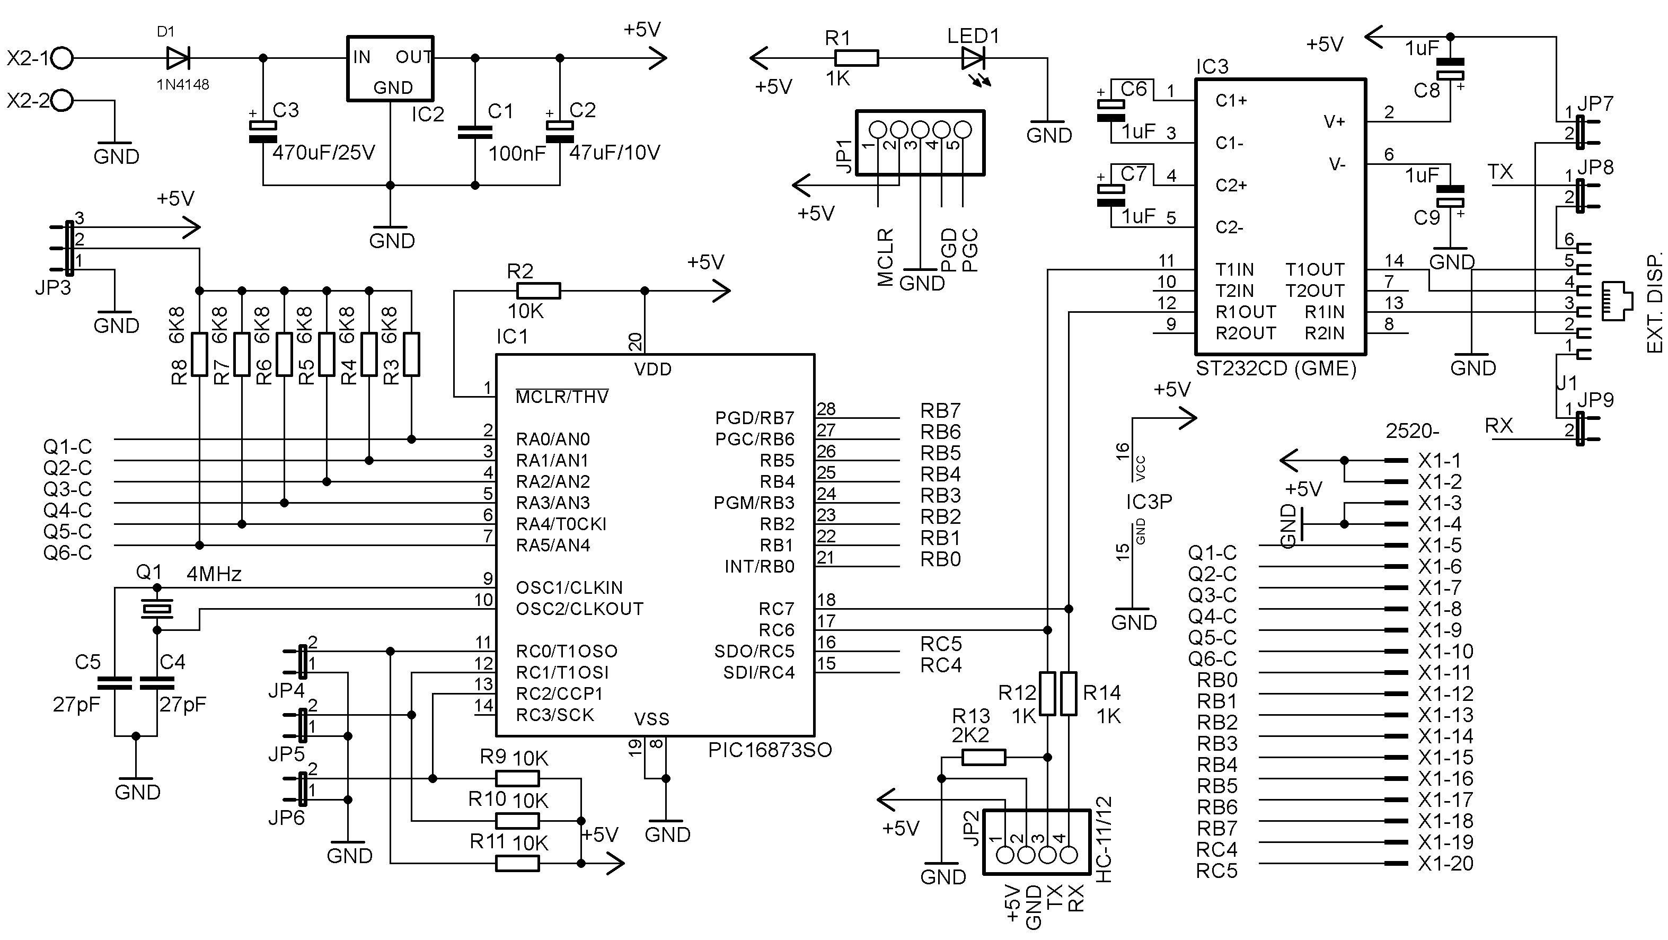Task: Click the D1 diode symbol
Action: tap(178, 58)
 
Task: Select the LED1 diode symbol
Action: tap(974, 58)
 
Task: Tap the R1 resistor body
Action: tap(857, 58)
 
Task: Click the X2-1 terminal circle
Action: tap(62, 58)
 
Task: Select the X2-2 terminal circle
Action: tap(62, 100)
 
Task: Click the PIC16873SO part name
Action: tap(770, 750)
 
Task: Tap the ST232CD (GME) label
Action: tap(1276, 368)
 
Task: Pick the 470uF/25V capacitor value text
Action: tap(324, 153)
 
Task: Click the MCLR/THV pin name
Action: tap(562, 397)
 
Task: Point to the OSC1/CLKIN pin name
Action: tap(569, 587)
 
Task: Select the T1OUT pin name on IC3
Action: tap(1315, 269)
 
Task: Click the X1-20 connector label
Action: tap(1445, 864)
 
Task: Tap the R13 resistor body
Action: tap(984, 757)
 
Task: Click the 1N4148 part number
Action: tap(183, 85)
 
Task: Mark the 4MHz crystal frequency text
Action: tap(214, 574)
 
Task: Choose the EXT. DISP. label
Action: tap(1654, 302)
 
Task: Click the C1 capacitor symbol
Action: tap(474, 132)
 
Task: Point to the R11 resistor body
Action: tap(517, 864)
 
